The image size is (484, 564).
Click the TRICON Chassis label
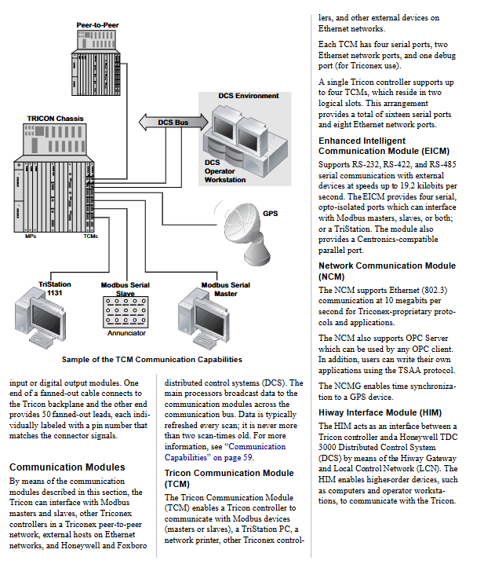[x=55, y=119]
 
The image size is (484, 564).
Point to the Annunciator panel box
[x=126, y=311]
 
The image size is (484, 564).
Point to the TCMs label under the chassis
[x=90, y=236]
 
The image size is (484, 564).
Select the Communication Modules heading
[x=67, y=467]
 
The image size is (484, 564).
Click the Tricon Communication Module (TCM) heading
[x=229, y=478]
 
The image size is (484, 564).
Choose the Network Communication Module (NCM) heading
[x=387, y=271]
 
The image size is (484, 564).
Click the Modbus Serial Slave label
[x=126, y=289]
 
